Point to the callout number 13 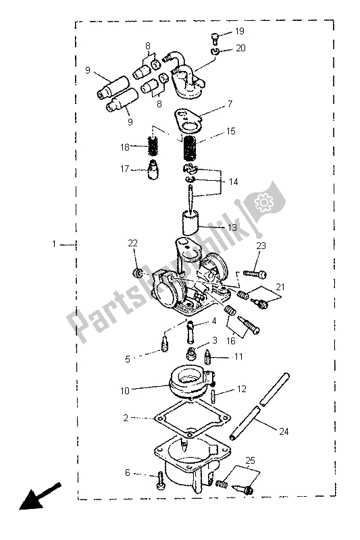click(x=232, y=227)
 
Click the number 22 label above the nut click(x=133, y=244)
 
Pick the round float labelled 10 click(x=186, y=386)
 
